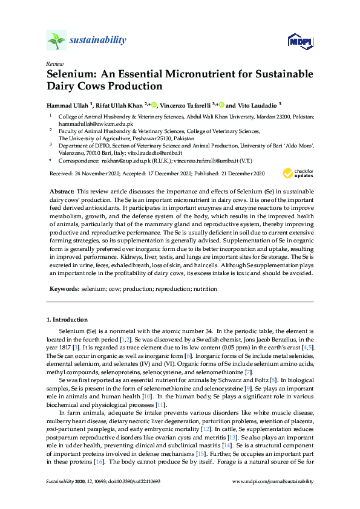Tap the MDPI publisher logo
coord(301,41)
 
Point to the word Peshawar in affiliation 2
coord(134,137)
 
